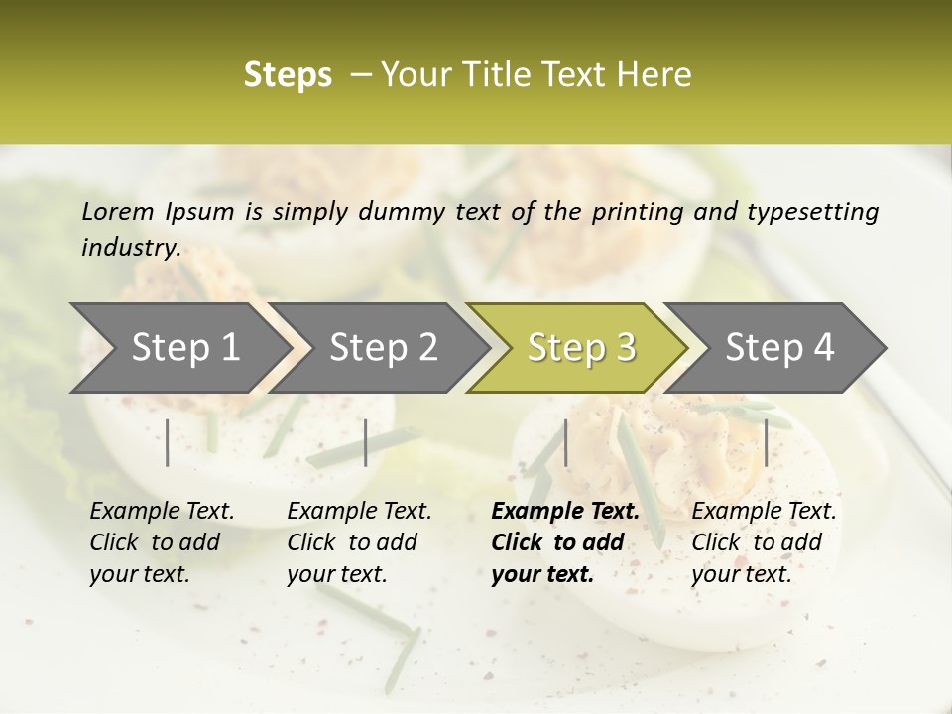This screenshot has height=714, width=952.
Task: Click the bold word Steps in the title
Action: [288, 75]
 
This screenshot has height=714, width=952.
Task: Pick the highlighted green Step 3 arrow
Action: [581, 347]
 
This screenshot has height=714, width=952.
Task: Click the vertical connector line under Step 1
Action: [168, 442]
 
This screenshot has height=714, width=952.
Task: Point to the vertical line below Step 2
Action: [366, 442]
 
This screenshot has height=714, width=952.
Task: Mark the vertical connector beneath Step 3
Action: [565, 442]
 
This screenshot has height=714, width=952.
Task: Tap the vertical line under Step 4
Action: [766, 442]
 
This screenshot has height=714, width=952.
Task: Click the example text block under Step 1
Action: [162, 542]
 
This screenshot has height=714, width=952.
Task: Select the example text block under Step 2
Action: [359, 542]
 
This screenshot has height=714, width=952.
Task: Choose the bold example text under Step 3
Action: [564, 542]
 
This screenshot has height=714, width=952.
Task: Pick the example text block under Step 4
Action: [764, 542]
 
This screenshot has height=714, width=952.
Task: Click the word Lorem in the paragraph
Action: [117, 212]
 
